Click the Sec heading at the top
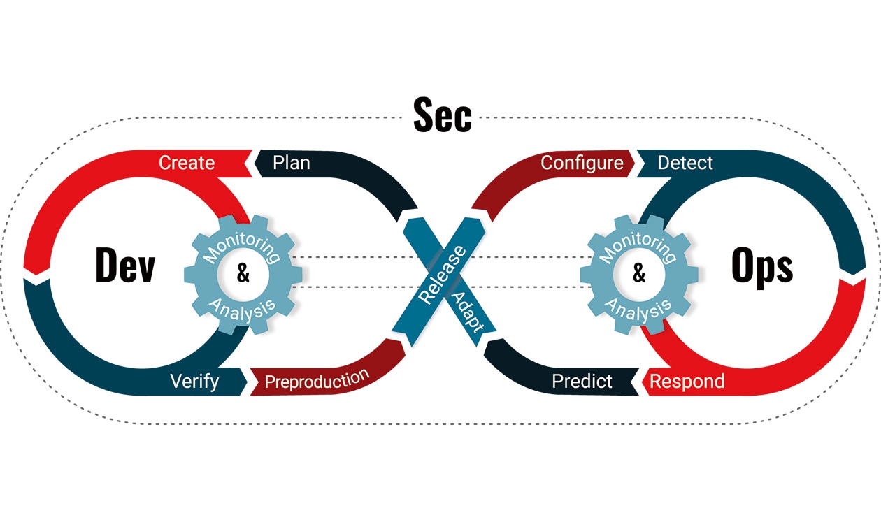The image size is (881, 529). (x=442, y=116)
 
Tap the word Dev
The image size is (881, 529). (x=125, y=266)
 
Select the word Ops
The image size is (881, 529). (x=761, y=266)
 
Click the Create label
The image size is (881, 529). (x=187, y=163)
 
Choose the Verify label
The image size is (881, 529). (x=194, y=381)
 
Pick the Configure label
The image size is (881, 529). (x=582, y=163)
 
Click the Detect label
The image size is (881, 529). (x=685, y=163)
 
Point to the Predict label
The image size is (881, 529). (x=582, y=381)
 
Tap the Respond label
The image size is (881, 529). (x=687, y=382)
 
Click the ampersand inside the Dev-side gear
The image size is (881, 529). (x=243, y=273)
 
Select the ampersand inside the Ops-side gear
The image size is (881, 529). (x=639, y=273)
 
